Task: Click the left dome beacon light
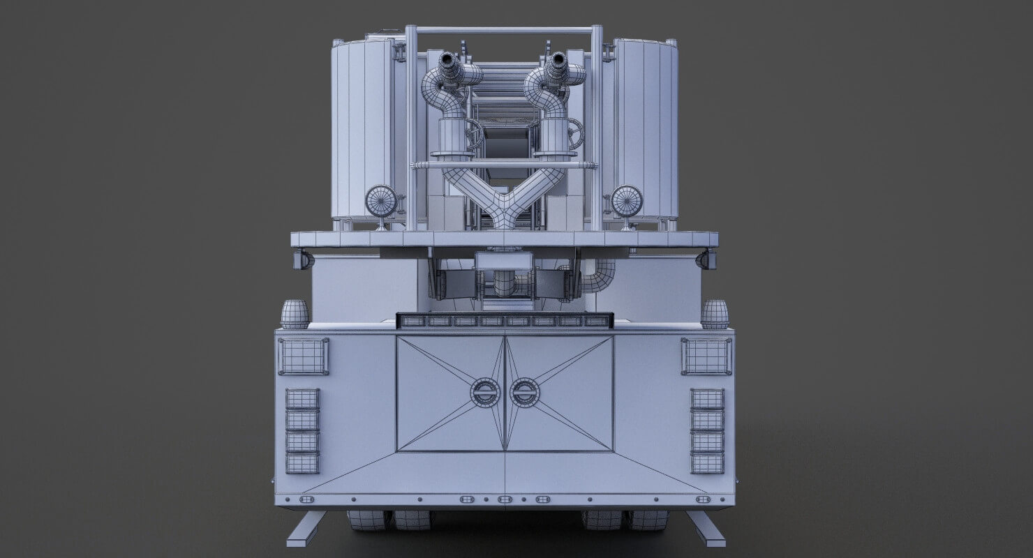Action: click(295, 314)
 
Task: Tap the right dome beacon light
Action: click(715, 314)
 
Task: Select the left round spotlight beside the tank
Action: click(381, 201)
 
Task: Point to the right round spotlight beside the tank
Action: click(626, 201)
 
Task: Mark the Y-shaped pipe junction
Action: click(503, 205)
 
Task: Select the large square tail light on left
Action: click(303, 356)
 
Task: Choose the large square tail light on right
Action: click(706, 356)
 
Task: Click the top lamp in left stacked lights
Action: click(302, 399)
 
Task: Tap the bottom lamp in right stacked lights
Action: click(707, 462)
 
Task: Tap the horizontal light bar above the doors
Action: click(505, 321)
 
